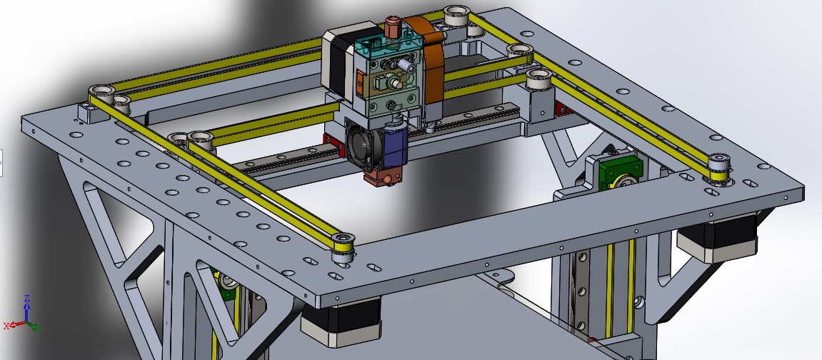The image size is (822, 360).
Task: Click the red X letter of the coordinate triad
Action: tap(7, 326)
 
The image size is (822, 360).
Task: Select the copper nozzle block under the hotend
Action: tap(381, 178)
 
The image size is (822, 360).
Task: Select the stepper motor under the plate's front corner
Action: tap(341, 321)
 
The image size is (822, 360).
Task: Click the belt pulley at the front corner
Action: tap(342, 246)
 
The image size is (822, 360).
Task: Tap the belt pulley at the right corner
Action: tap(719, 168)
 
